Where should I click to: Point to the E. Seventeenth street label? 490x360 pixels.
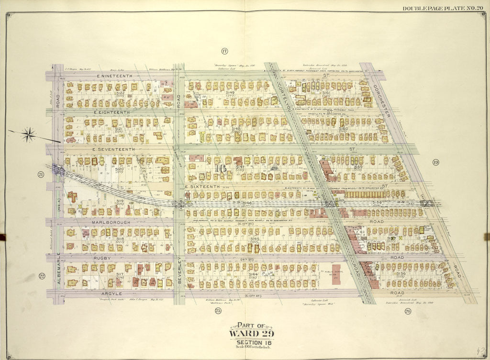click(115, 149)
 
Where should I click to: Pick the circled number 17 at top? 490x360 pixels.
click(223, 51)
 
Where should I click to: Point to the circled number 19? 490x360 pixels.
click(435, 162)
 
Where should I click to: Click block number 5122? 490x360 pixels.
click(120, 93)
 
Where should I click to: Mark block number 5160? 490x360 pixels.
click(343, 129)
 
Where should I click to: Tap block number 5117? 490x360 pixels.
click(119, 274)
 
